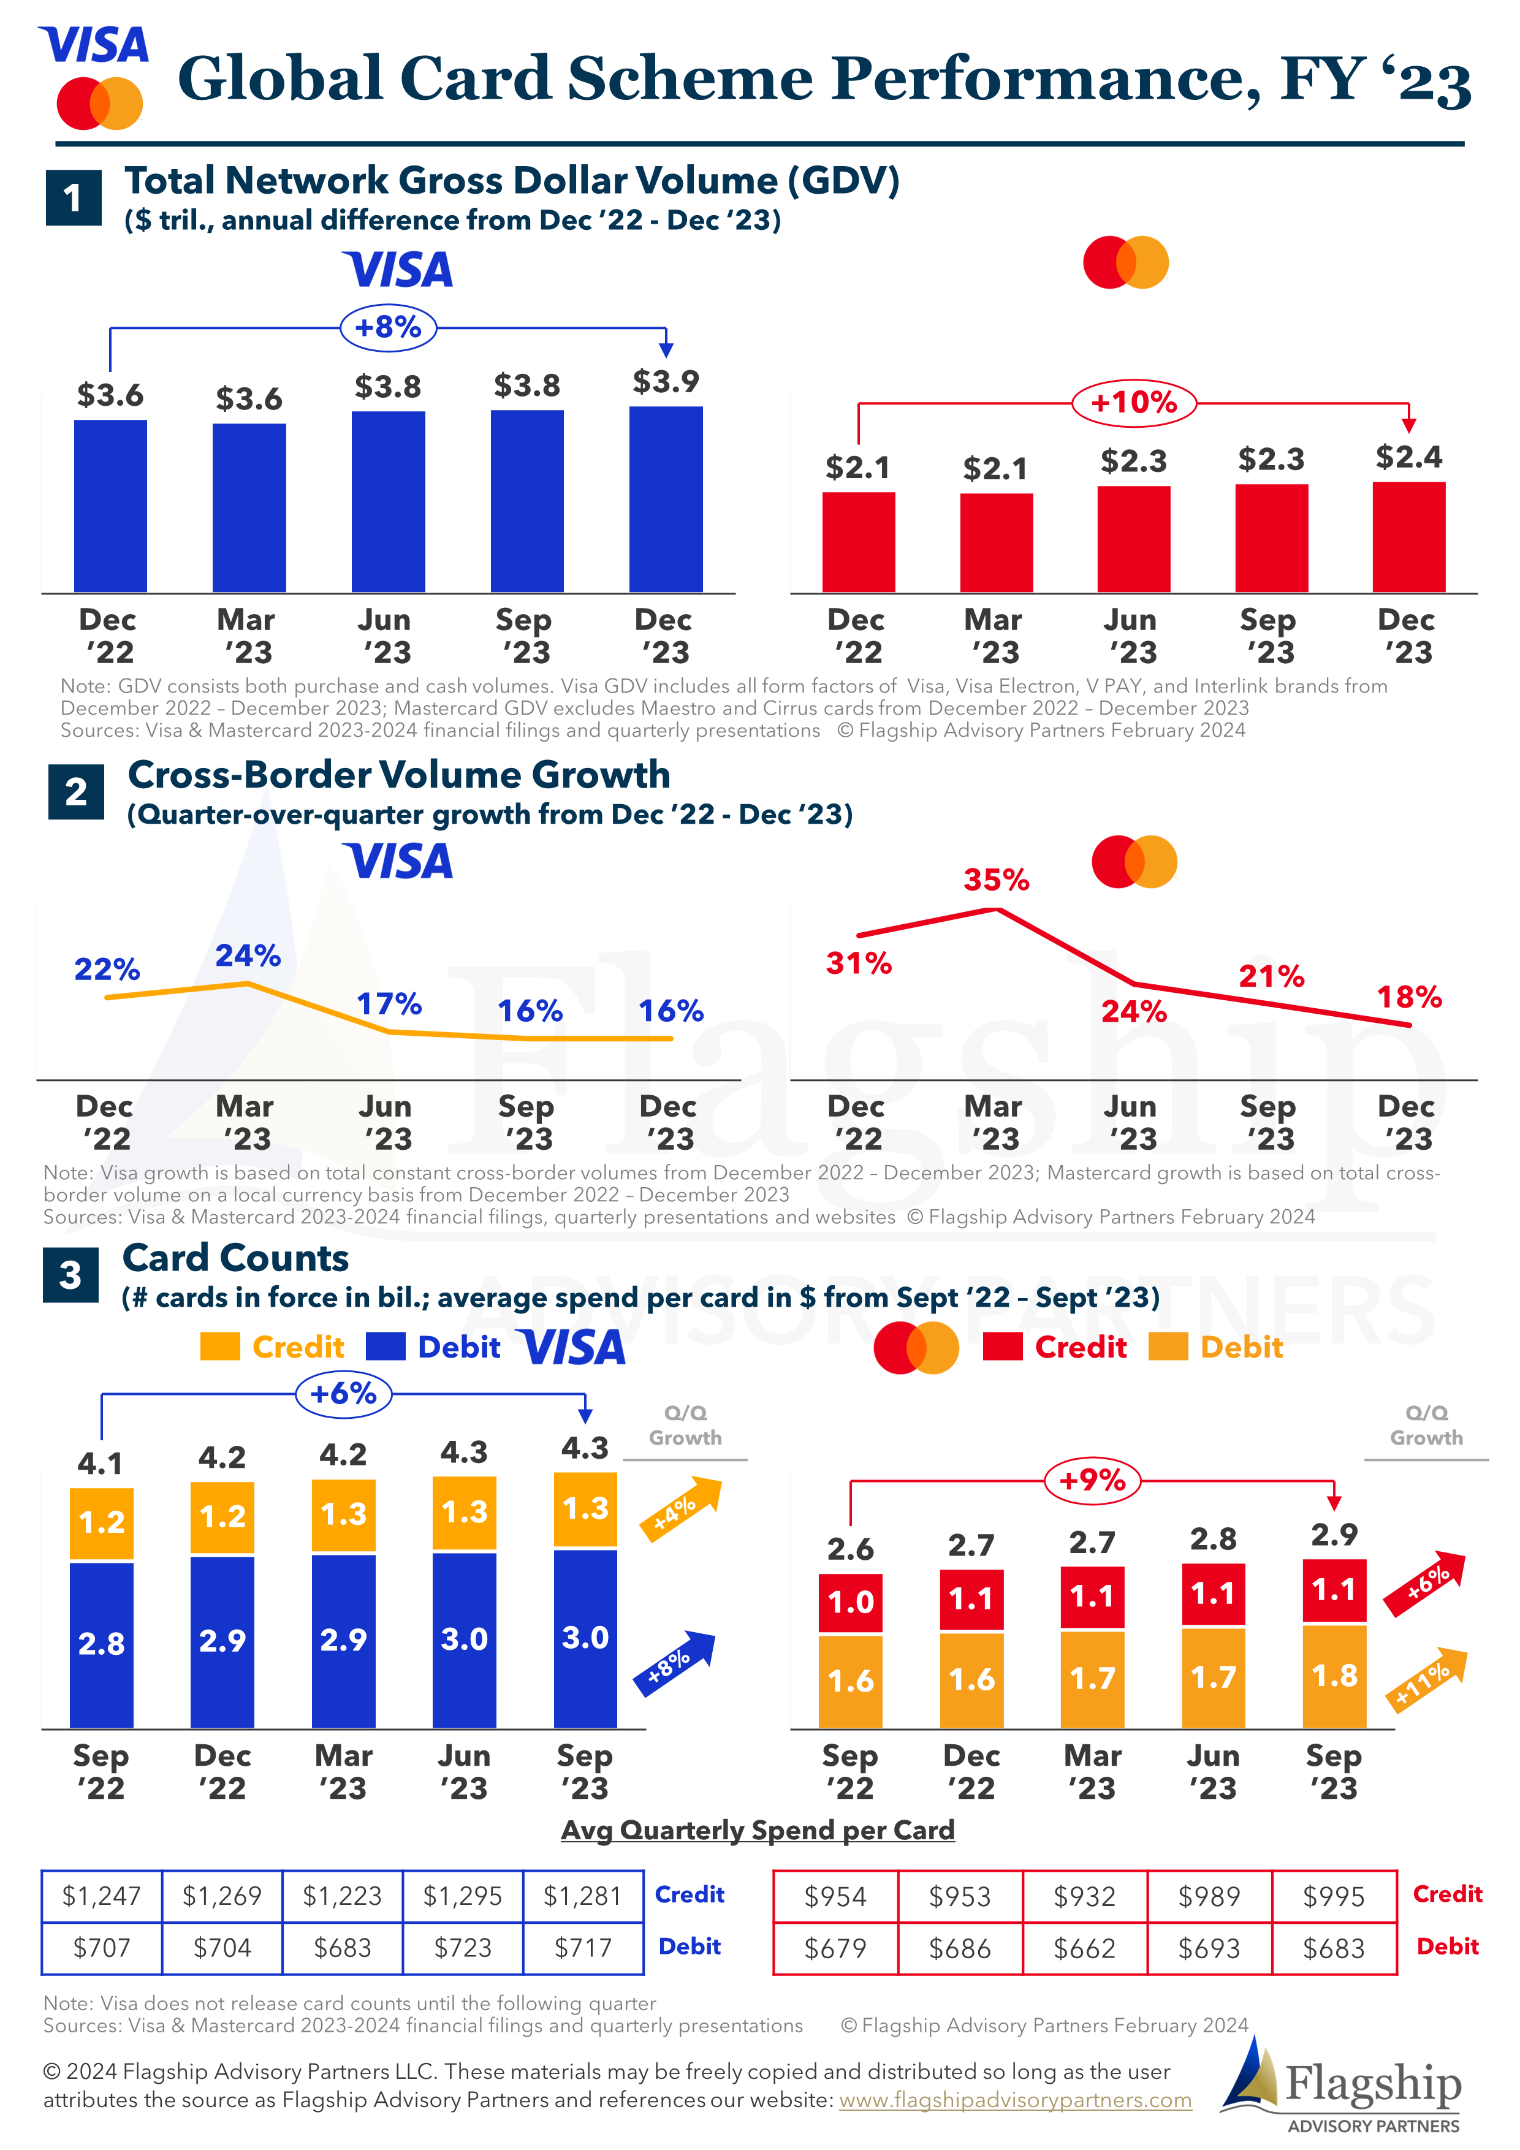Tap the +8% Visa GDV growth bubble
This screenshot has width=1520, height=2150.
pos(388,328)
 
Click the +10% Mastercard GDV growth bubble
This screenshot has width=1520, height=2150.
pos(1133,403)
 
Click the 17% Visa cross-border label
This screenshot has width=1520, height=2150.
pos(389,1004)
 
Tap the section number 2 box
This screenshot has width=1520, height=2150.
pos(76,791)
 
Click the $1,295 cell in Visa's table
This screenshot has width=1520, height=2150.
pos(463,1896)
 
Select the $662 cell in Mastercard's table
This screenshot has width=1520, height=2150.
pos(1084,1949)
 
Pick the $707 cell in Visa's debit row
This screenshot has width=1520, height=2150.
pos(101,1948)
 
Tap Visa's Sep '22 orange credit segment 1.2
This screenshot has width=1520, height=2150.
pos(101,1522)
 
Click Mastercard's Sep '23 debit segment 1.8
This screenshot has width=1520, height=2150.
pos(1334,1676)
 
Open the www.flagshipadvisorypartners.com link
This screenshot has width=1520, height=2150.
pos(1014,2100)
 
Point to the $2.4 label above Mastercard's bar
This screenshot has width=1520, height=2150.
pos(1408,457)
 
